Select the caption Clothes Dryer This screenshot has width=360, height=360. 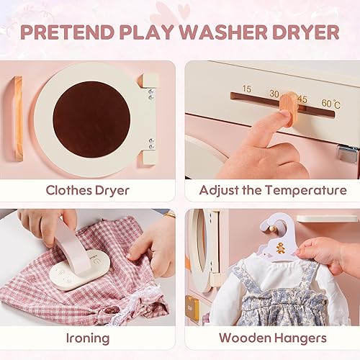pos(88,191)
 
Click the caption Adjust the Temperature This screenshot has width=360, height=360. pos(272,191)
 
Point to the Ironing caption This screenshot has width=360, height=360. pos(88,338)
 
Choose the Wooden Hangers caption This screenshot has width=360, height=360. pos(272,338)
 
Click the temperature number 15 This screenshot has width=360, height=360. pos(246,90)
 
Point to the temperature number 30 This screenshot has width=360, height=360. pos(274,94)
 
